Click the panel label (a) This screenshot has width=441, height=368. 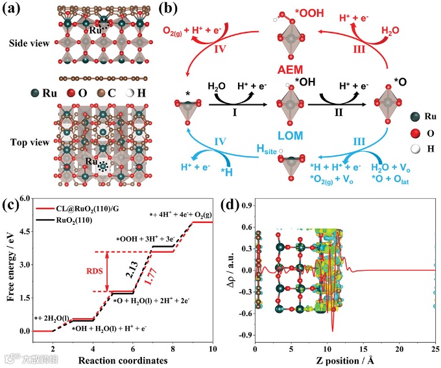pyautogui.click(x=14, y=9)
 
